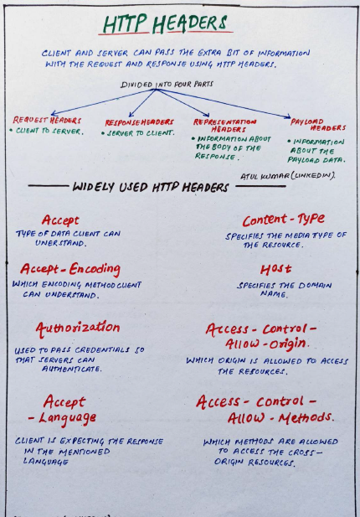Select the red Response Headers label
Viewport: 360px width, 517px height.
pyautogui.click(x=140, y=122)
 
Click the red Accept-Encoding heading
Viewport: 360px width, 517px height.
pyautogui.click(x=70, y=269)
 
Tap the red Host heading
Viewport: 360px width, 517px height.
pyautogui.click(x=275, y=269)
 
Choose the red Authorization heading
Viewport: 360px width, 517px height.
pyautogui.click(x=77, y=328)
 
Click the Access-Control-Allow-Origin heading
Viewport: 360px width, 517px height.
pyautogui.click(x=261, y=336)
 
